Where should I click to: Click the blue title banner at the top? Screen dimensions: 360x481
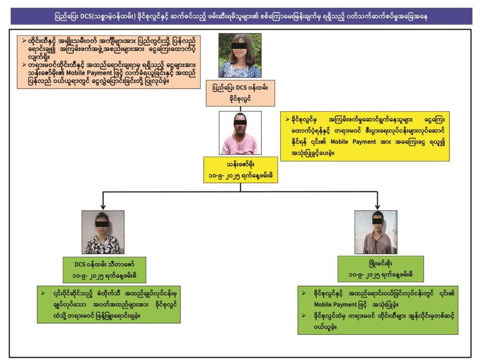[x=241, y=16]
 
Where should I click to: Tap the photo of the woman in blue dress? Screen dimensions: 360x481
[x=240, y=55]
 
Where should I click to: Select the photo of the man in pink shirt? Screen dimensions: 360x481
[x=240, y=133]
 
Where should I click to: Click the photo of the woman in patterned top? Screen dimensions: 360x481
[x=103, y=232]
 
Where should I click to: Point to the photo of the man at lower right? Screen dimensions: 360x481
[x=376, y=232]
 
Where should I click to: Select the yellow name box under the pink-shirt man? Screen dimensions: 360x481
[x=240, y=169]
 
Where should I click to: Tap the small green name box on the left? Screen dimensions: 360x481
[x=103, y=269]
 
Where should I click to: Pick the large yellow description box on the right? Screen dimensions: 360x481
[x=365, y=136]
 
